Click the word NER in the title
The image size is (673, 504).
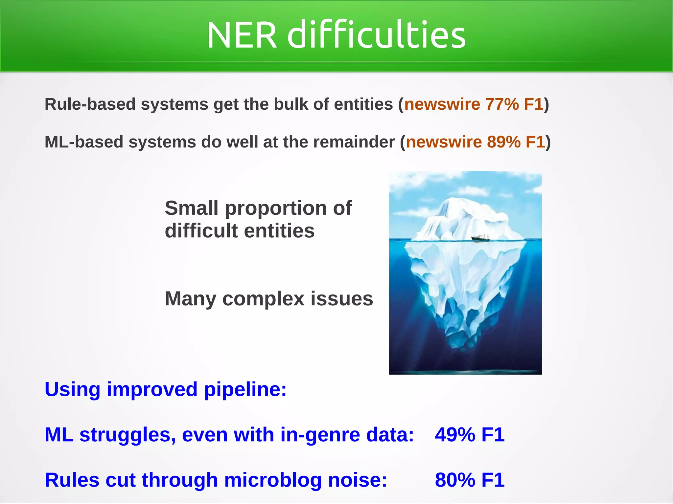point(242,35)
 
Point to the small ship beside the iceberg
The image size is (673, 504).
point(480,238)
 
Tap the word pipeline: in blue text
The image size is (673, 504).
point(245,390)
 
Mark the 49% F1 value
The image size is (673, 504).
point(469,435)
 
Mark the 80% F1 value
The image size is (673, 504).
point(469,480)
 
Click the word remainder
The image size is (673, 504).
point(354,142)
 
